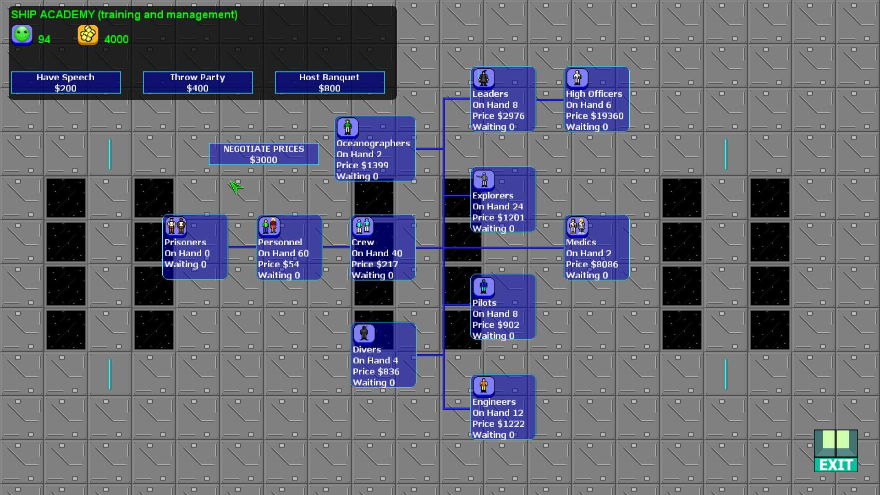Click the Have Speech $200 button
(x=66, y=82)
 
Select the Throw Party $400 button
(x=198, y=82)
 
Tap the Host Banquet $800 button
(x=330, y=82)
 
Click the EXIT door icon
(x=836, y=451)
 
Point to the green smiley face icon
(x=22, y=35)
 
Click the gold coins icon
(x=88, y=35)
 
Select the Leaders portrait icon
(x=484, y=78)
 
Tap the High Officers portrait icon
(x=577, y=78)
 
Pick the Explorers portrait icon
(x=484, y=180)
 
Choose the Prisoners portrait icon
(x=176, y=226)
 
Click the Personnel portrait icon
(x=269, y=226)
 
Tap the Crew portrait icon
(x=363, y=226)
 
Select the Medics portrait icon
(x=577, y=226)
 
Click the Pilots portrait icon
(x=484, y=287)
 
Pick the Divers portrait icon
(x=364, y=334)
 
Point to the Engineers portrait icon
(x=484, y=386)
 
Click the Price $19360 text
(x=594, y=116)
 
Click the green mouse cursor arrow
(x=236, y=187)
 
